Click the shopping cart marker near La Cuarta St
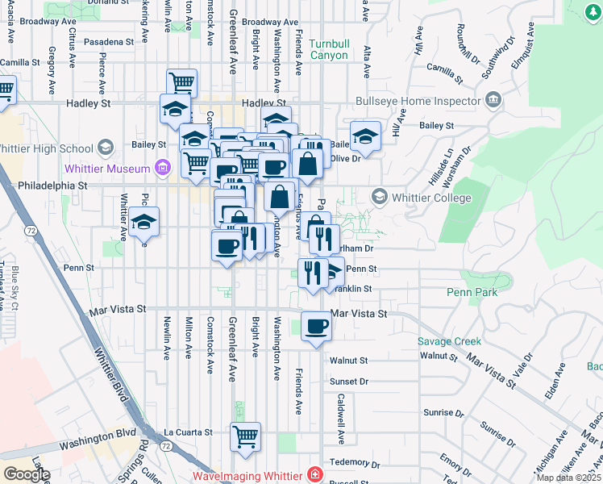point(246,437)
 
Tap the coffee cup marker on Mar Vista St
point(316,327)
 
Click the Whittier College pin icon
point(379,198)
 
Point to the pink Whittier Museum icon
point(162,169)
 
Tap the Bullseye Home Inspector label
point(420,101)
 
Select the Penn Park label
point(472,294)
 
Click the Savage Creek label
point(449,341)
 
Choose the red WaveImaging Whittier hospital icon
point(314,475)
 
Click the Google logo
point(27,474)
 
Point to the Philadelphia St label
point(48,185)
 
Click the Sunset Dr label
point(348,382)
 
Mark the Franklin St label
point(352,289)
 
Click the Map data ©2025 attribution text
point(569,478)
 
